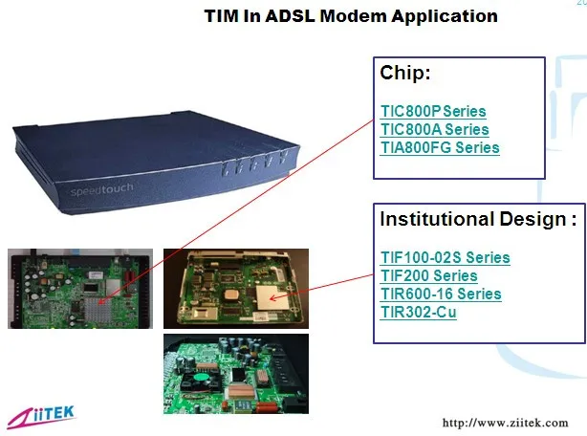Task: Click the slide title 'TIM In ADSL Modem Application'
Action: click(352, 16)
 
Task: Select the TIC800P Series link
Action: click(433, 112)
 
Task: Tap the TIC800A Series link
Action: click(434, 130)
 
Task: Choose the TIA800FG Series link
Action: click(440, 147)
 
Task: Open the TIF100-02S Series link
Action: click(445, 257)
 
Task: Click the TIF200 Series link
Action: click(428, 275)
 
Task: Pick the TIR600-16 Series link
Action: click(441, 294)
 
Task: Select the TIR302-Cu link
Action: click(418, 312)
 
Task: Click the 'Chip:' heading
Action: click(406, 75)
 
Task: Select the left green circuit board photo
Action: click(80, 288)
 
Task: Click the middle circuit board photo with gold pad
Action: click(235, 288)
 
